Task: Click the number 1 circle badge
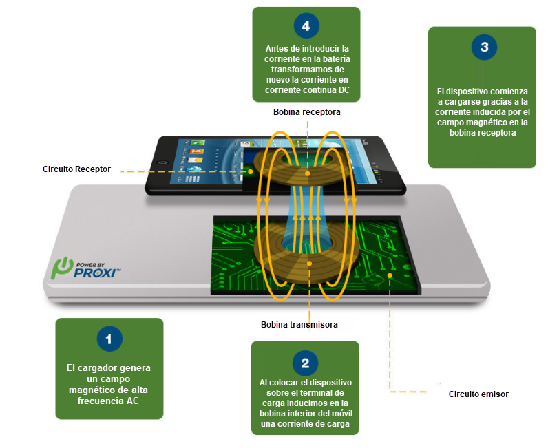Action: [109, 339]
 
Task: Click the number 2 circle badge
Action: [305, 362]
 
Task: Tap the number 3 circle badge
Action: [484, 48]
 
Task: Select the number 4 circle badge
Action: [306, 28]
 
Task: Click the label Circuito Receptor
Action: [76, 169]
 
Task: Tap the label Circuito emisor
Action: [478, 394]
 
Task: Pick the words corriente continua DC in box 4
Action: [306, 90]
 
